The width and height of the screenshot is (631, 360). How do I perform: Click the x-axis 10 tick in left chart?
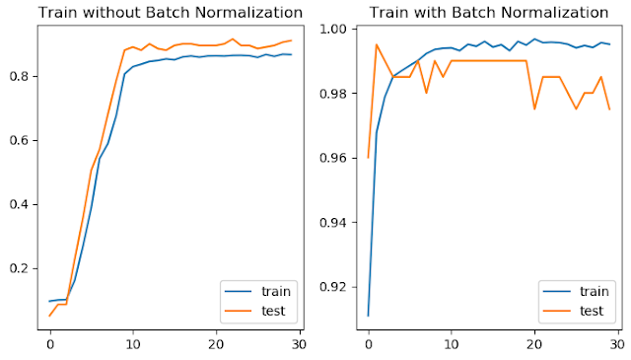click(132, 346)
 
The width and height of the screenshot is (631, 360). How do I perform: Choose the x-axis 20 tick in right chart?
click(533, 346)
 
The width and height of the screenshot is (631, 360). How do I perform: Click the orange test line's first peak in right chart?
click(377, 44)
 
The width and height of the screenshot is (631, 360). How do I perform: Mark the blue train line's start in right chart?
click(368, 316)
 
